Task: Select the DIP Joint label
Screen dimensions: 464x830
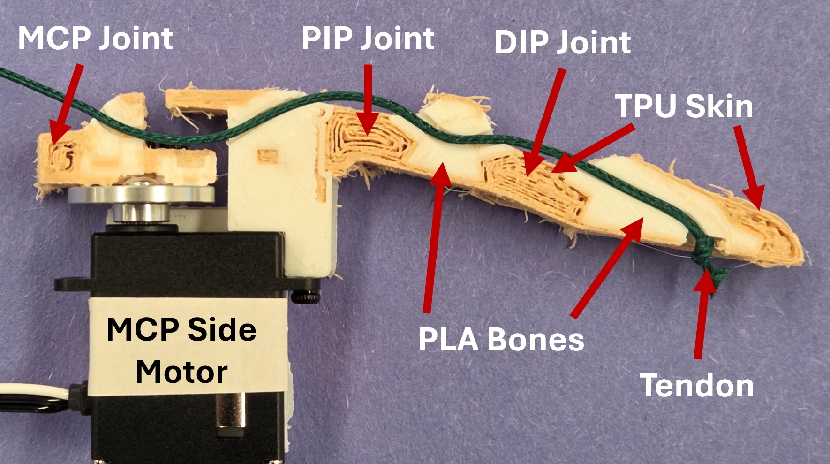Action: [562, 43]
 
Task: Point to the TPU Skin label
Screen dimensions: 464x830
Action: [684, 106]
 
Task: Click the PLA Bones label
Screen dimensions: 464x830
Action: [501, 339]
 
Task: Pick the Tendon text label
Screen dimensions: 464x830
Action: [697, 386]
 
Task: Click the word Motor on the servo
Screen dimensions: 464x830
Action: [181, 372]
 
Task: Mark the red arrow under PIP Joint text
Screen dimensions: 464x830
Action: [368, 99]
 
